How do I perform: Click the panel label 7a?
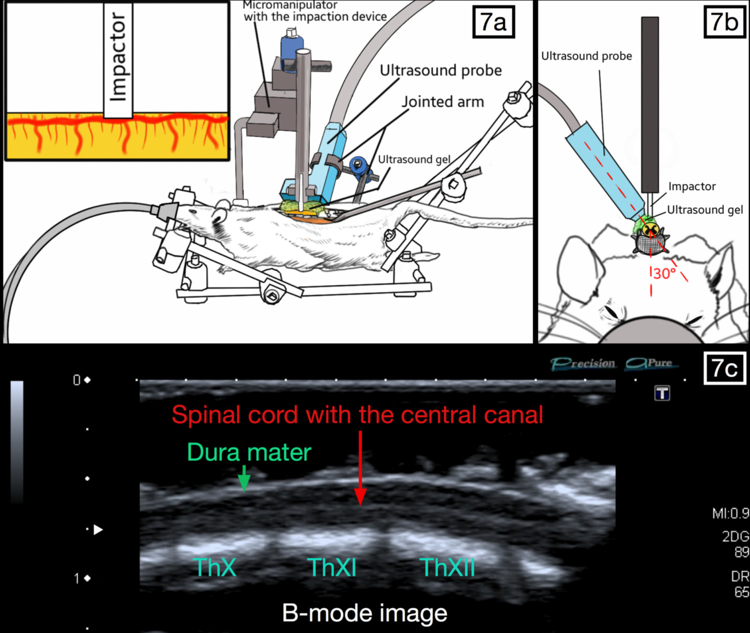click(x=493, y=22)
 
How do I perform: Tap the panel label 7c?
click(x=724, y=368)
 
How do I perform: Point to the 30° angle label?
click(x=664, y=274)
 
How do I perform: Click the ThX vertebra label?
click(x=214, y=568)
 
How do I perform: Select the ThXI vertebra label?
click(x=331, y=568)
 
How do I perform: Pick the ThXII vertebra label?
click(x=448, y=568)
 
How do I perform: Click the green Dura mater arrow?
click(x=244, y=478)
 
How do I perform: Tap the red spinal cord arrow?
click(x=360, y=468)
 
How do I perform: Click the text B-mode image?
click(x=364, y=613)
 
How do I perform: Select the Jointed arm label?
click(x=442, y=102)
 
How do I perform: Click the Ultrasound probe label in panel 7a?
click(x=440, y=70)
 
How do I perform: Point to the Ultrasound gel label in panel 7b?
click(x=705, y=210)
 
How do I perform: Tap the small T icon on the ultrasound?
click(x=662, y=393)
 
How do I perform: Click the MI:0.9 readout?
click(x=731, y=514)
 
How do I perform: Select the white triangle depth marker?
click(x=98, y=530)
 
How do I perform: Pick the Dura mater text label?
click(x=249, y=452)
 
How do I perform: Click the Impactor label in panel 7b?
click(x=692, y=186)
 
